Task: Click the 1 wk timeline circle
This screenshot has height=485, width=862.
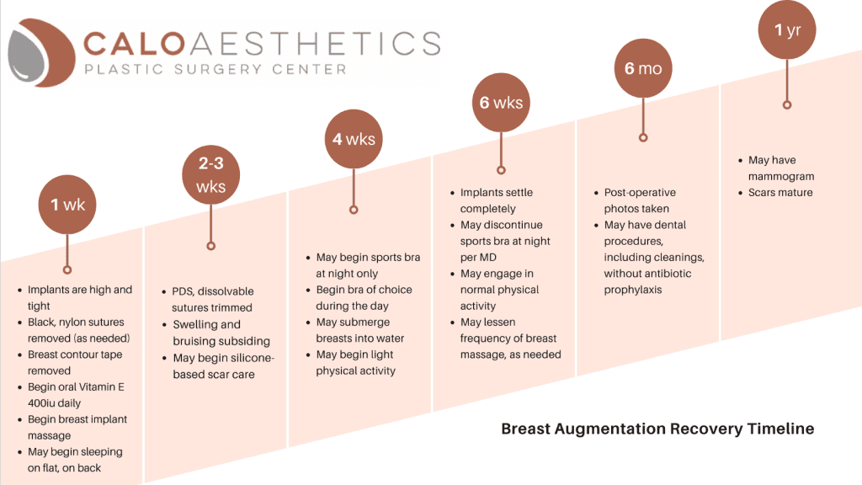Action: click(67, 205)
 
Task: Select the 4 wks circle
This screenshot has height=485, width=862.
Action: click(354, 139)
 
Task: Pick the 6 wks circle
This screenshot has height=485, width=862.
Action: click(501, 103)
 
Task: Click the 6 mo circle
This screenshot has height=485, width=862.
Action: click(642, 68)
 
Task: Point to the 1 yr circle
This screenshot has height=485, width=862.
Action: click(787, 30)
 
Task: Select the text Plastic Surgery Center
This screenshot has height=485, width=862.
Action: click(215, 69)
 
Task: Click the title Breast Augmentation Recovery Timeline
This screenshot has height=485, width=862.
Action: click(657, 429)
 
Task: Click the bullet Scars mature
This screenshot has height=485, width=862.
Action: click(781, 193)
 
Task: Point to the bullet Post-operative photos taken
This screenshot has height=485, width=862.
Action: click(640, 200)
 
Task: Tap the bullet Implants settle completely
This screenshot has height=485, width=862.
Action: click(496, 200)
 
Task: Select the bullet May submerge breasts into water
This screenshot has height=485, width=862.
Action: click(359, 330)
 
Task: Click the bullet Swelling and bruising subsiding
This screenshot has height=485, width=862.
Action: click(221, 333)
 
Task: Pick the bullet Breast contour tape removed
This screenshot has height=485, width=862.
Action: click(74, 362)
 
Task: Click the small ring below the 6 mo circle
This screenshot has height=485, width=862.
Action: click(643, 137)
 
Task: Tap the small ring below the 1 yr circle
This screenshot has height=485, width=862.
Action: click(787, 104)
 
